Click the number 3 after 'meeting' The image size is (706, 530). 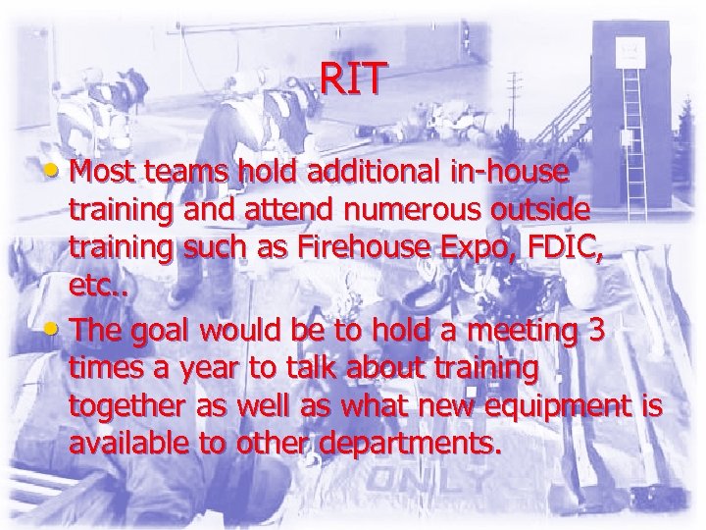(x=594, y=333)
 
